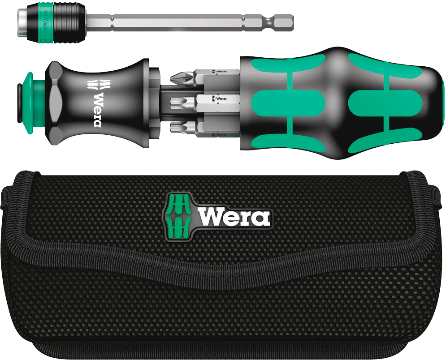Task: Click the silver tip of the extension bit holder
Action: pos(23,22)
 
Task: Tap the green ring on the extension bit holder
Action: pos(42,23)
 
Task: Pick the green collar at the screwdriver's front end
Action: pos(32,103)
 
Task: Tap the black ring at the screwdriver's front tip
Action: pos(19,103)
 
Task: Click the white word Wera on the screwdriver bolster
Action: pos(97,110)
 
